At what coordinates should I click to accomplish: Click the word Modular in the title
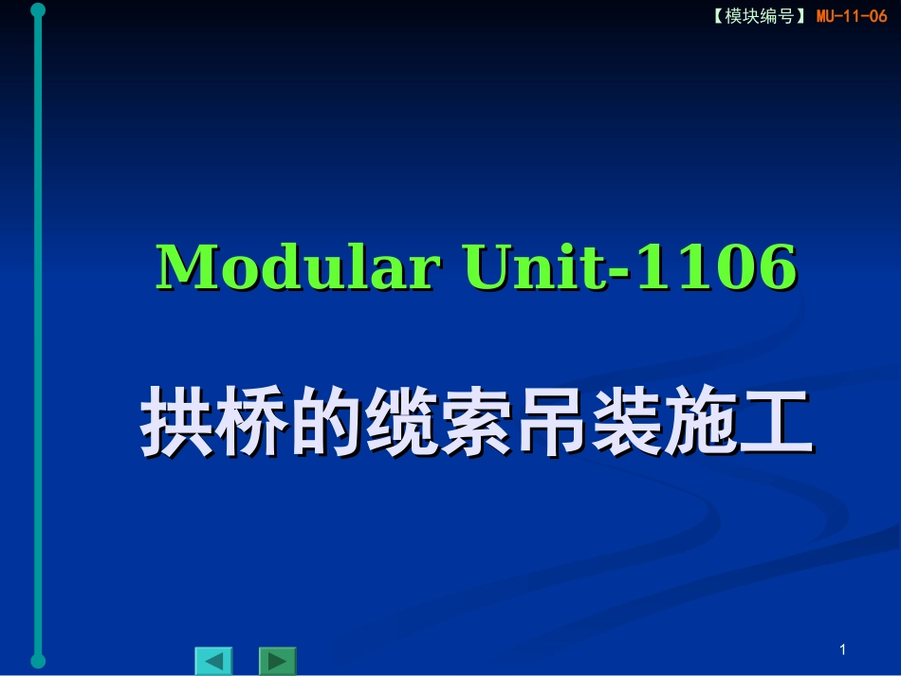(x=296, y=267)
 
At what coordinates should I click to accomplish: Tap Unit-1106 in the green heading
(x=630, y=267)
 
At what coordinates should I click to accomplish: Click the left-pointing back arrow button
(x=213, y=661)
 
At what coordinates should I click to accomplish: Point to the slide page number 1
(x=842, y=649)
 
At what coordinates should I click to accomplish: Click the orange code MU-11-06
(x=851, y=16)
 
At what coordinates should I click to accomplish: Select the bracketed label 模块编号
(x=759, y=16)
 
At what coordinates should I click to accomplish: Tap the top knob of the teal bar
(x=38, y=10)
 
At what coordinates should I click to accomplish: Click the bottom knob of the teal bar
(x=38, y=660)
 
